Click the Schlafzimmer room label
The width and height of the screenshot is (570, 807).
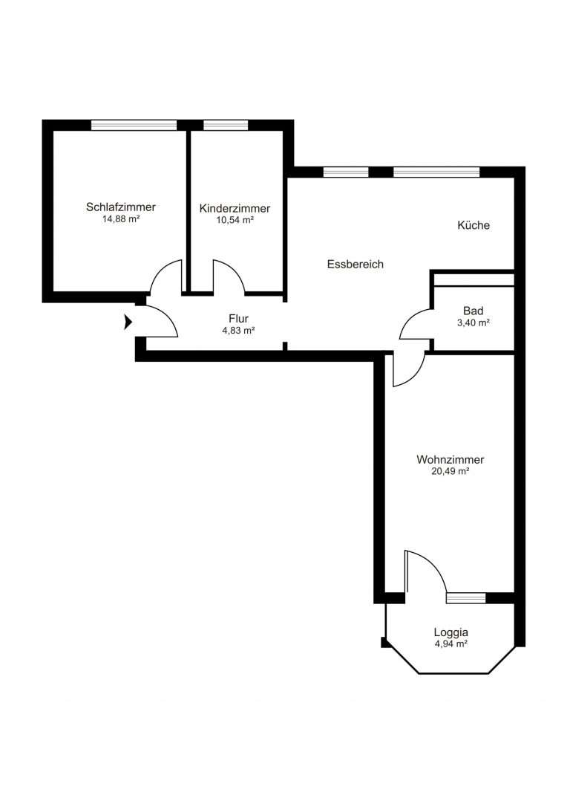click(121, 207)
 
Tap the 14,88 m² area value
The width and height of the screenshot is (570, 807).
click(121, 218)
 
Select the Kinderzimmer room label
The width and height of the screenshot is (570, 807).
click(235, 209)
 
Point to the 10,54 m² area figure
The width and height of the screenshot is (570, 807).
click(235, 220)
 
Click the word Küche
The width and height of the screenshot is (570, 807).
click(474, 225)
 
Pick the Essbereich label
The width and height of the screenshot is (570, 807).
click(356, 264)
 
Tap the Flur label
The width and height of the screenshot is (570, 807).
click(238, 319)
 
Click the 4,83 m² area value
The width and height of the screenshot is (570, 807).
click(238, 331)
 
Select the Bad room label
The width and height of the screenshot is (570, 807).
click(473, 311)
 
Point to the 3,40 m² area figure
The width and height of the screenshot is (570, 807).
click(473, 323)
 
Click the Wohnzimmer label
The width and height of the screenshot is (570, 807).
click(451, 459)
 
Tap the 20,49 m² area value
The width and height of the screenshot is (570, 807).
click(451, 471)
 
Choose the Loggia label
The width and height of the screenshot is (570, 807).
click(451, 632)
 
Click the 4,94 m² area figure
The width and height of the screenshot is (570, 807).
click(451, 644)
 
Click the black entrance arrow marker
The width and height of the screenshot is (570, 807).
click(128, 323)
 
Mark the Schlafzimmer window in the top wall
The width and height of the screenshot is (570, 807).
click(134, 125)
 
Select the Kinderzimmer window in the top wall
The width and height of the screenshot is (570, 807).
click(226, 125)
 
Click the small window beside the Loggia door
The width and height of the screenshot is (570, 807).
click(465, 597)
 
